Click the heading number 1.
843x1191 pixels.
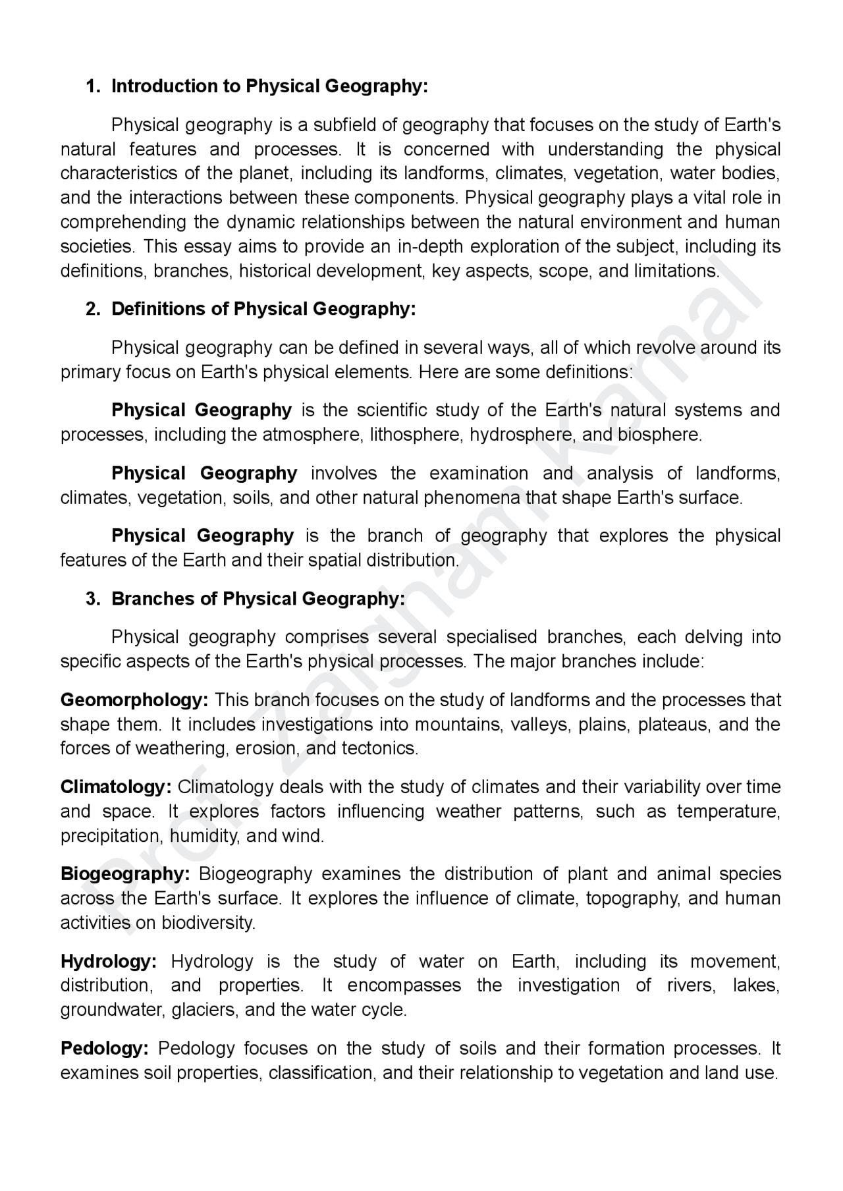tap(92, 86)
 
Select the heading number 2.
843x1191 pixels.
tap(92, 309)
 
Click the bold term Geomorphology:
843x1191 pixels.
tap(134, 700)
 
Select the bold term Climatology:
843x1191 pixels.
tap(116, 787)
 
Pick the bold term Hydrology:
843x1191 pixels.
tap(108, 962)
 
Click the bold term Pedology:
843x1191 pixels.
tap(105, 1049)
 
